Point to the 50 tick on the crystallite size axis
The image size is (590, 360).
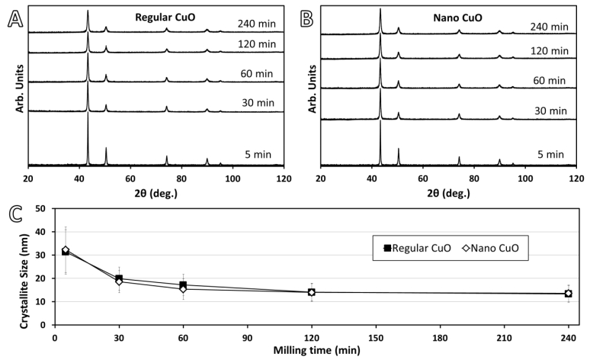pos(43,208)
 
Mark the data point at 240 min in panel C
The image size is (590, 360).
pos(568,294)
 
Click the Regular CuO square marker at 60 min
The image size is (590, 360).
pos(183,285)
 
